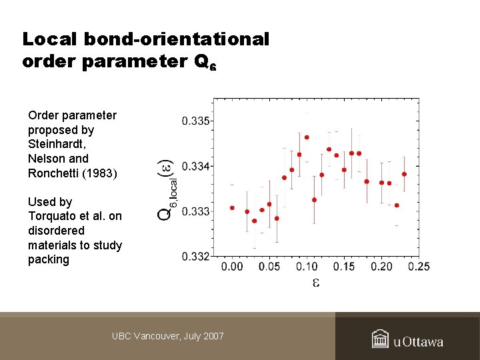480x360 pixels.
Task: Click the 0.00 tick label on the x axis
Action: [232, 267]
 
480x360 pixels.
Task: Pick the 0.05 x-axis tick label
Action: [269, 267]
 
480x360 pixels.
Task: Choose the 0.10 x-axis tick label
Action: [307, 267]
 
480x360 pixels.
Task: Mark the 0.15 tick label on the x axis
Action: [344, 267]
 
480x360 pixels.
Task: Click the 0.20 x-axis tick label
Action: [381, 267]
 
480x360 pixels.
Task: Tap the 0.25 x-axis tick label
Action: [419, 267]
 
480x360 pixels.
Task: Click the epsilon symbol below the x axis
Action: [316, 282]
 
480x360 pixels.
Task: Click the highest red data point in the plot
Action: [307, 137]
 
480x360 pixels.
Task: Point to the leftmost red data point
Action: [232, 207]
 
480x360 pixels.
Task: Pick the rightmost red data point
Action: [404, 174]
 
